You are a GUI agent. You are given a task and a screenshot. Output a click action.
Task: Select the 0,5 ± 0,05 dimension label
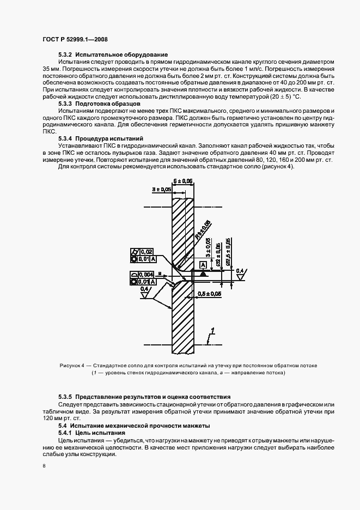point(210,294)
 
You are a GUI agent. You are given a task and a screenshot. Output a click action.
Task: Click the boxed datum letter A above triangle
point(203,264)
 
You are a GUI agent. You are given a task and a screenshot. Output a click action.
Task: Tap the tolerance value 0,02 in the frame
point(145,251)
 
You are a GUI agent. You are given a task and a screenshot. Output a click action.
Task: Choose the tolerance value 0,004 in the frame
point(145,274)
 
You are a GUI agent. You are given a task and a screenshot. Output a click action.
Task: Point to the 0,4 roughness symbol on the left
point(144,289)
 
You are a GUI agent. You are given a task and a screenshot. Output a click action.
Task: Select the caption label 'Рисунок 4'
point(72,365)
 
